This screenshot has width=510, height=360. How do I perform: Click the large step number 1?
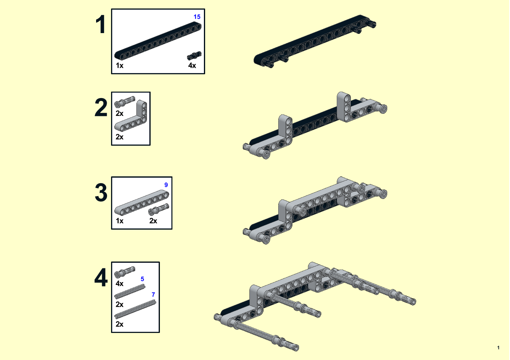[x=101, y=24]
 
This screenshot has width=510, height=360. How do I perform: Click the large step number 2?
[x=101, y=107]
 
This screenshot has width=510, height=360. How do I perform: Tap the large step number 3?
[x=101, y=193]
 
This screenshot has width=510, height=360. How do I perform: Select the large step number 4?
[x=101, y=278]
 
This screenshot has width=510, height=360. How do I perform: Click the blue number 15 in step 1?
[x=197, y=17]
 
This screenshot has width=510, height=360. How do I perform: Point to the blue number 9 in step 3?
[x=166, y=185]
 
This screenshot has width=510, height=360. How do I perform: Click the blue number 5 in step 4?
[x=142, y=279]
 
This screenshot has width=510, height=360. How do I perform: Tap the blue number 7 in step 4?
[x=153, y=295]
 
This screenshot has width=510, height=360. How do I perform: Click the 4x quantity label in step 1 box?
[x=192, y=65]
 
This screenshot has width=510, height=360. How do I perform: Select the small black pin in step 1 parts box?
[x=194, y=56]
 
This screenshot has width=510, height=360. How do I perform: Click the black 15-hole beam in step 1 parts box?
[x=158, y=41]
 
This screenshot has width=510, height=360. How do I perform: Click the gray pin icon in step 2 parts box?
[x=124, y=102]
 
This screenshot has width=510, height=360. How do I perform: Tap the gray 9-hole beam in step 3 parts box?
[x=142, y=203]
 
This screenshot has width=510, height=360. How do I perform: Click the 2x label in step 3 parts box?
[x=153, y=221]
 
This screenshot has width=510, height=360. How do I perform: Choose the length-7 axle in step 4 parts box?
[x=135, y=310]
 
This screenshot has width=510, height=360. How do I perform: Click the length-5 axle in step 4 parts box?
[x=130, y=291]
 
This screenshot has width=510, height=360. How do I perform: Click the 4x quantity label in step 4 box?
[x=120, y=284]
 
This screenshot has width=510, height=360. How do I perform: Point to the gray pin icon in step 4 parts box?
[x=124, y=272]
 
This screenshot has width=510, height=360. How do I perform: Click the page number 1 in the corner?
[x=498, y=348]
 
